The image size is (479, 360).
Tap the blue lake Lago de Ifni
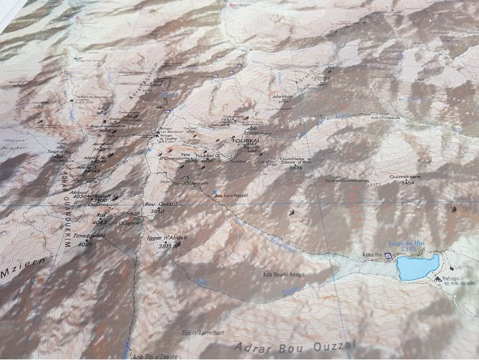(418, 267)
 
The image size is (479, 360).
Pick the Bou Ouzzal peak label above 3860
(157, 204)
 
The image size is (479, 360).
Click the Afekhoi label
(282, 96)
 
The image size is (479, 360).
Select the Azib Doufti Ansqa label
(283, 274)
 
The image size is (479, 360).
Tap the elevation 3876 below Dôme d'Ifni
(295, 168)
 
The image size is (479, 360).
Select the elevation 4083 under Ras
(99, 222)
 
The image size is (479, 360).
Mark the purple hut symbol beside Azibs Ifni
(388, 256)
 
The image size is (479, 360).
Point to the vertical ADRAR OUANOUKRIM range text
(65, 204)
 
